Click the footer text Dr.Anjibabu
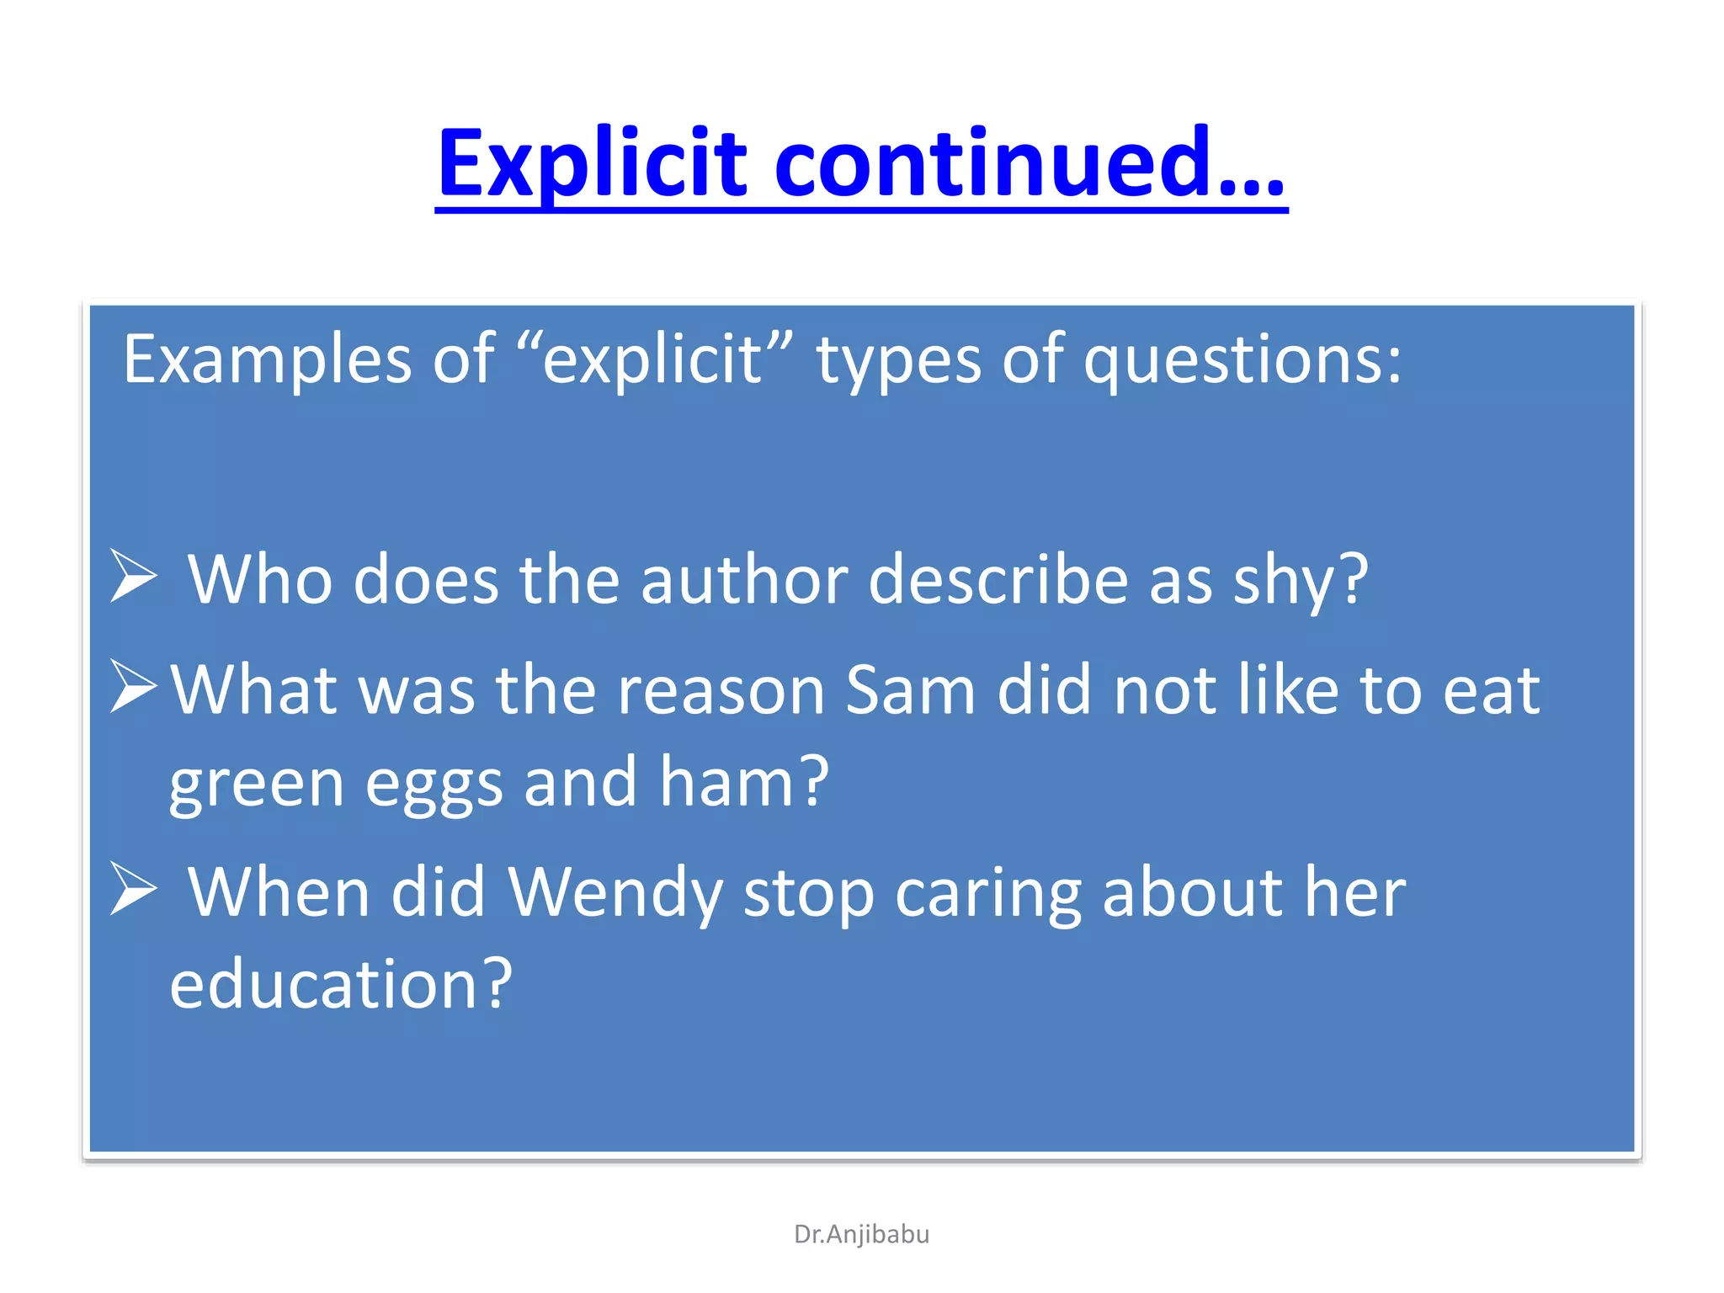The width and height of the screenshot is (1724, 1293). coord(861,1234)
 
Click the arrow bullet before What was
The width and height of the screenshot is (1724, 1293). coord(134,685)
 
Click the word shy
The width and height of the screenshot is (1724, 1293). coord(1301,581)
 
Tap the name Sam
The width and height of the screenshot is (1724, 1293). coord(910,690)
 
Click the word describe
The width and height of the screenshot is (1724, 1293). coord(998,581)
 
